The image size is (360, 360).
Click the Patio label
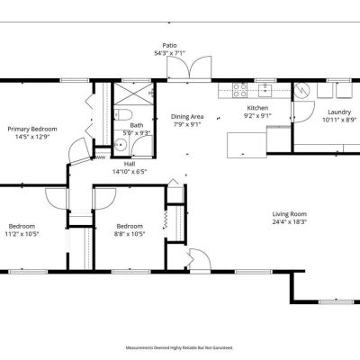coord(169,46)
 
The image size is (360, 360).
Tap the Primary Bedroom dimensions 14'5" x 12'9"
coord(32,137)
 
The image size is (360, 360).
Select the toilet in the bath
coord(123,114)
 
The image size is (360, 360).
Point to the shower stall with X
coord(133,94)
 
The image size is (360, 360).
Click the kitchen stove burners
coord(240,90)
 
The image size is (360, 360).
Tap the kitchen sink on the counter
coord(265,89)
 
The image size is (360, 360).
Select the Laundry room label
coord(339,112)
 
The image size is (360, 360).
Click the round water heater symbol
coord(301,90)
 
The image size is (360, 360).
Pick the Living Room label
coord(290,214)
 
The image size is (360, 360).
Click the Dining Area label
coord(187,117)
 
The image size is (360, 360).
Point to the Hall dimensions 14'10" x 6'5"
coord(130,172)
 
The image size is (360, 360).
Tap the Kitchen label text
coord(257,108)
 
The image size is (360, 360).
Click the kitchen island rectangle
coord(247,145)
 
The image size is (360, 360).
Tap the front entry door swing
coord(199,259)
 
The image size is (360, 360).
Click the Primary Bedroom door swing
coord(78,150)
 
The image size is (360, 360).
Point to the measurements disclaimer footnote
coord(179,348)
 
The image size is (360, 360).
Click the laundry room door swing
coord(303,112)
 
